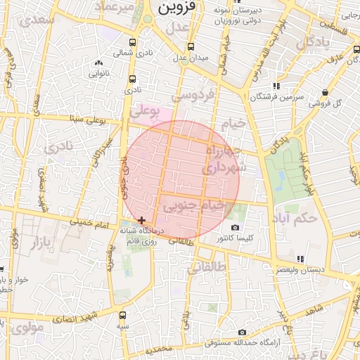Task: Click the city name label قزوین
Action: click(x=174, y=8)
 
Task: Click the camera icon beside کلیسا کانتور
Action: click(x=235, y=227)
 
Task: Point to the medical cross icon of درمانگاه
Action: click(x=142, y=220)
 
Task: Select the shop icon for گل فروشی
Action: click(x=325, y=93)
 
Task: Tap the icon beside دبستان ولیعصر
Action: click(x=300, y=259)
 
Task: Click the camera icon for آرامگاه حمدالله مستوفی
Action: click(x=243, y=332)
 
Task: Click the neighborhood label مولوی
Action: click(x=29, y=327)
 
